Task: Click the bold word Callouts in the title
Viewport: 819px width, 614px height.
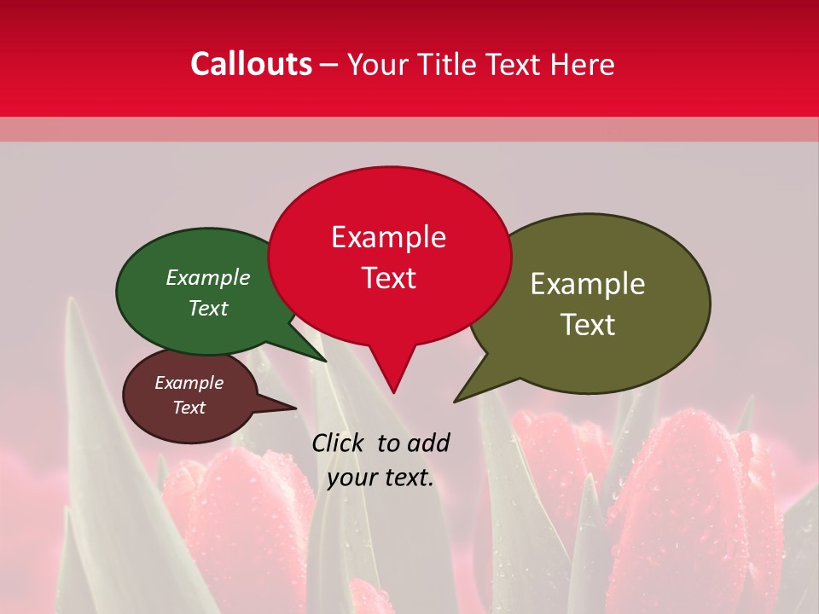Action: (251, 64)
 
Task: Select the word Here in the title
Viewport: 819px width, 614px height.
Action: (583, 64)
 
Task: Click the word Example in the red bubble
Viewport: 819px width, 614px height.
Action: (388, 237)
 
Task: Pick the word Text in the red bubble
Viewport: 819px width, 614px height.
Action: (388, 278)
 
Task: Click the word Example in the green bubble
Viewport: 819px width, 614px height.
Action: (207, 278)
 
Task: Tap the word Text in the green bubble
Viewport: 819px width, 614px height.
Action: (207, 308)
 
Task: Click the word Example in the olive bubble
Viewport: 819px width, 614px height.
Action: (588, 284)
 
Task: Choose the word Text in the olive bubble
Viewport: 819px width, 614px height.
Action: (588, 325)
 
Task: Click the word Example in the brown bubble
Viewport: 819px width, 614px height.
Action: (189, 383)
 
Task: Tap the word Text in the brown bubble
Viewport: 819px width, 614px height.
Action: (189, 408)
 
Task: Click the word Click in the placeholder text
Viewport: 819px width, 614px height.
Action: (339, 443)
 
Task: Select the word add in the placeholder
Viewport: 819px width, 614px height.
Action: (428, 443)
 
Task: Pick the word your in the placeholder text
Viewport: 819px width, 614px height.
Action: (351, 478)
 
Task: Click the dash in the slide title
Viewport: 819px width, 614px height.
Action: (329, 65)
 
